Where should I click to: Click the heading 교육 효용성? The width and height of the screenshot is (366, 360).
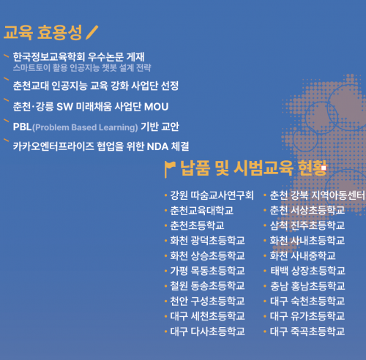[x=43, y=32]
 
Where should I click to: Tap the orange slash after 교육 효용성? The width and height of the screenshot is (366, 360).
[x=92, y=32]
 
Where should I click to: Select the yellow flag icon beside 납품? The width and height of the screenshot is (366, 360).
[x=170, y=169]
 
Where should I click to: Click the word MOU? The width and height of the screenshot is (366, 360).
[x=157, y=107]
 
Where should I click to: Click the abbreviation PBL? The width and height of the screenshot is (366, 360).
[x=22, y=127]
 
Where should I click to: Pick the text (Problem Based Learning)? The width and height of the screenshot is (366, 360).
[x=85, y=127]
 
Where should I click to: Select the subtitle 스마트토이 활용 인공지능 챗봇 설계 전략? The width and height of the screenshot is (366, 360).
[x=82, y=67]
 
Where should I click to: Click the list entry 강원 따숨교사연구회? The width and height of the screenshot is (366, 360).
[x=212, y=195]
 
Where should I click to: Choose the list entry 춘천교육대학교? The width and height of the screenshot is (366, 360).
[x=201, y=211]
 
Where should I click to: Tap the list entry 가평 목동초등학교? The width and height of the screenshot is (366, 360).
[x=207, y=271]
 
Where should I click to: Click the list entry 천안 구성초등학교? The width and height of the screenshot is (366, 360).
[x=207, y=301]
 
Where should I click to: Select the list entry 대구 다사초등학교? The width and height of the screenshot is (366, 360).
[x=207, y=331]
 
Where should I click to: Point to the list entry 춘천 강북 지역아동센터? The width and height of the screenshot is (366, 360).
[x=318, y=195]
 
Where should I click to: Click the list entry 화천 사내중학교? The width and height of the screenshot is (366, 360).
[x=302, y=255]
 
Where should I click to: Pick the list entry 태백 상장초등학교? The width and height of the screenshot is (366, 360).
[x=307, y=271]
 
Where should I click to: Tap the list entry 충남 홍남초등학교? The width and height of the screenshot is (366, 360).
[x=307, y=286]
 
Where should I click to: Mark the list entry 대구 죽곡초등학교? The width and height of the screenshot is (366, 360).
[x=307, y=331]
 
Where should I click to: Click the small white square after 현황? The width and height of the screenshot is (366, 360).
[x=324, y=168]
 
